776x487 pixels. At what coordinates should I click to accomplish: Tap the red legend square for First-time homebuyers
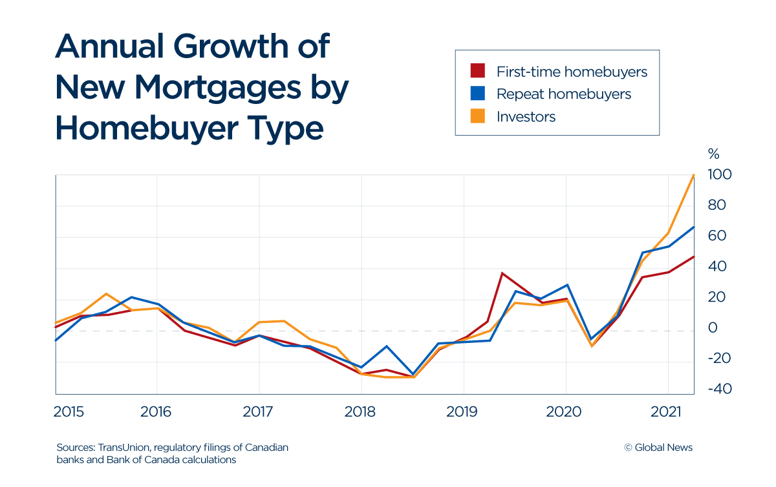click(477, 71)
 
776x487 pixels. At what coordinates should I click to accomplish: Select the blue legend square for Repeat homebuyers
click(477, 94)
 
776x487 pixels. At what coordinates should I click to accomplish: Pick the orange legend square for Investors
click(477, 116)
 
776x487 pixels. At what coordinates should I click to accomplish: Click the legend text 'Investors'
click(526, 116)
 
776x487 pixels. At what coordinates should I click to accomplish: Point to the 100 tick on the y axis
click(719, 175)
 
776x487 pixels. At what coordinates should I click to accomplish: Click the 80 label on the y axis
click(717, 205)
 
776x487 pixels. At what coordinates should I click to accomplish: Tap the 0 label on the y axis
click(713, 328)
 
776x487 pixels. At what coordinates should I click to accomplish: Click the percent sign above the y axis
click(713, 154)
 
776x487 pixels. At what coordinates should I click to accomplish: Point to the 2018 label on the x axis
click(361, 411)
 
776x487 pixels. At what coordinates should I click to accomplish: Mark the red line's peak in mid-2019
click(502, 273)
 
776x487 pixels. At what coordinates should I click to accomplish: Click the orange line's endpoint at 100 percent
click(693, 175)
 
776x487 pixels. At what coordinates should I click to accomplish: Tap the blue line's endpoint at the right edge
click(693, 227)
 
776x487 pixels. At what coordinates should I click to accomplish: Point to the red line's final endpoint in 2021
click(693, 256)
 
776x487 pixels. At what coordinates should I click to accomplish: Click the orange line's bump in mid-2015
click(106, 294)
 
